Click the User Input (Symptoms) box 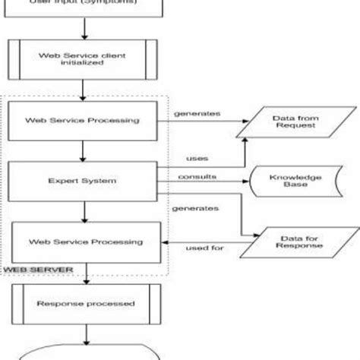(x=84, y=6)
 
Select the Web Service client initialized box (x=84, y=60)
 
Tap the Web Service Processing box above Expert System (x=84, y=120)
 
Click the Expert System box (x=84, y=181)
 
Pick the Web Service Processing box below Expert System (x=84, y=242)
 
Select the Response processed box (x=84, y=303)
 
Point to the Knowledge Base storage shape (x=286, y=181)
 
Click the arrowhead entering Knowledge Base (x=248, y=182)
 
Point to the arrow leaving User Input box (x=84, y=27)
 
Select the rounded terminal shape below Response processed (x=84, y=354)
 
